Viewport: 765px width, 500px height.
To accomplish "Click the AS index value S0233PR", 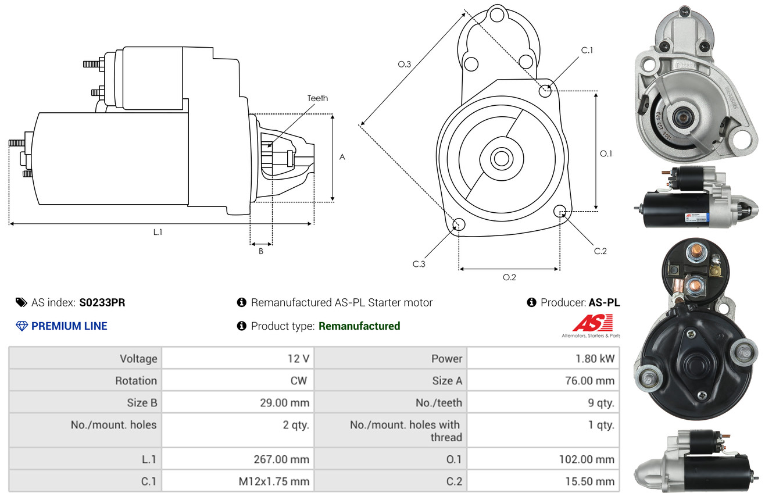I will tap(102, 302).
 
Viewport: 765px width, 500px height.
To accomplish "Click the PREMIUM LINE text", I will tap(69, 326).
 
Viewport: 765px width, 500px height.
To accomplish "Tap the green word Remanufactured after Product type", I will tap(359, 326).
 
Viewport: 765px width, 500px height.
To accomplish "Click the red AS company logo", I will tap(593, 323).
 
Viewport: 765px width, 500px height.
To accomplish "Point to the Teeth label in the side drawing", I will tap(317, 98).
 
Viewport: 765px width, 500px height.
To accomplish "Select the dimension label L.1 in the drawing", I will tap(158, 232).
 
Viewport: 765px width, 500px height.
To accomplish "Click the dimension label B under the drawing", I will tap(260, 251).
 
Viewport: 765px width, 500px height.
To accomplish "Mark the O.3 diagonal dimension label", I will tap(405, 65).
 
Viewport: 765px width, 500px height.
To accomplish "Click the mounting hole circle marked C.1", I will tap(545, 91).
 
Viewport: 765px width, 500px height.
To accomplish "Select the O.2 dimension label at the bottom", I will tap(509, 277).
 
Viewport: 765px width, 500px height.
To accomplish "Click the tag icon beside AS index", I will tap(21, 302).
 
